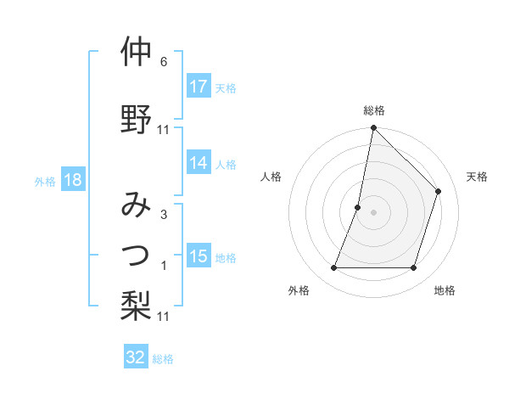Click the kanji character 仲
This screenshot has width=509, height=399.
point(136,53)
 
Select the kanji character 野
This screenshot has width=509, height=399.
point(136,120)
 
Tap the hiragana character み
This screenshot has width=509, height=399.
point(136,205)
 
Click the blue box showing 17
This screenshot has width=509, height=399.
point(199,87)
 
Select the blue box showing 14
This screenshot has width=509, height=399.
point(199,164)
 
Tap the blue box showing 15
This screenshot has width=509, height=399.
point(199,257)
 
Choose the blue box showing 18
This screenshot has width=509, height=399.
point(73,181)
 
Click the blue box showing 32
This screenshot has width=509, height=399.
point(136,357)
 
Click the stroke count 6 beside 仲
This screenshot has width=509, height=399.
point(163,62)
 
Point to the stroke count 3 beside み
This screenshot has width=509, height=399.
point(163,215)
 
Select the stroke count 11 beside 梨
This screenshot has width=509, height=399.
point(164,316)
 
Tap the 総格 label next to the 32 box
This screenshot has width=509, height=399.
point(163,359)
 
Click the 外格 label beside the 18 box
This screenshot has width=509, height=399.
point(45,182)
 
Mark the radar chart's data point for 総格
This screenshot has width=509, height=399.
point(373,128)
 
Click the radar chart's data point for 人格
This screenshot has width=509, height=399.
point(358,207)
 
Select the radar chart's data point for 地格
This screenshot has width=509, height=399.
point(414,268)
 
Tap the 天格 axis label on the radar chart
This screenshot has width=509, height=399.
point(477,177)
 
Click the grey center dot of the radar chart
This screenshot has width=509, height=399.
point(373,212)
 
